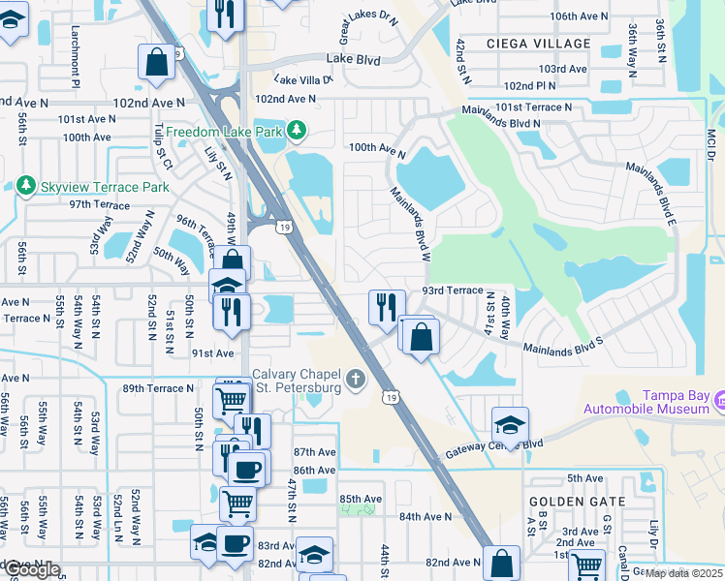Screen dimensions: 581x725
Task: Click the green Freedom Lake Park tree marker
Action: pyautogui.click(x=300, y=131)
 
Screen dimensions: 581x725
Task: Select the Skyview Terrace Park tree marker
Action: pyautogui.click(x=23, y=185)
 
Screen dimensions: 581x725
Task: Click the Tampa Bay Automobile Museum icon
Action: pyautogui.click(x=719, y=399)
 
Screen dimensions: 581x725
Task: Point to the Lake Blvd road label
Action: pyautogui.click(x=354, y=58)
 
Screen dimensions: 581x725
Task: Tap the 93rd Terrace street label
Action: pyautogui.click(x=452, y=290)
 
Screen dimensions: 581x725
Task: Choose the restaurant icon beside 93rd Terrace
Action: pyautogui.click(x=387, y=305)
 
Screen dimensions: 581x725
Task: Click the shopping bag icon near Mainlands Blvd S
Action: pyautogui.click(x=421, y=337)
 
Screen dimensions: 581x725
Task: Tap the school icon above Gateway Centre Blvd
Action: pyautogui.click(x=510, y=424)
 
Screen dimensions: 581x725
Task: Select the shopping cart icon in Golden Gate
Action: pyautogui.click(x=586, y=565)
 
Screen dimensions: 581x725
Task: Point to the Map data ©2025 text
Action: pyautogui.click(x=683, y=573)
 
